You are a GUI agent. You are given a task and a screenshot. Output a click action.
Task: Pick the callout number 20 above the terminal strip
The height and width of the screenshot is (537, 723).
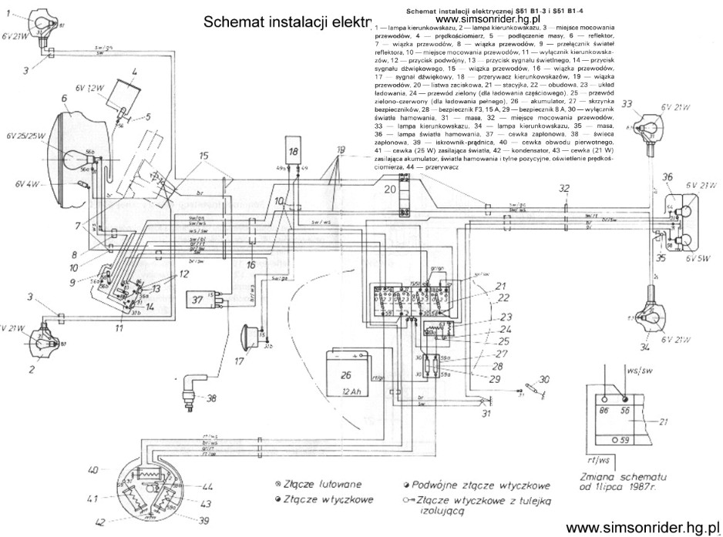tap(390, 187)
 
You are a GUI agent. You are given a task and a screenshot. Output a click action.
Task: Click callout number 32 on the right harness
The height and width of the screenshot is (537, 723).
tap(566, 188)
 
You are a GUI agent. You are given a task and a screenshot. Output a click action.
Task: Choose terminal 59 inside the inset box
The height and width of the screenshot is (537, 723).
tap(626, 441)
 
